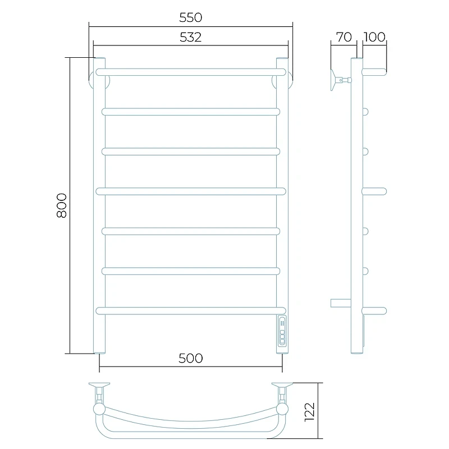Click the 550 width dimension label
pyautogui.click(x=191, y=17)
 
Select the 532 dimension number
pyautogui.click(x=191, y=37)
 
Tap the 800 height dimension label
pyautogui.click(x=62, y=205)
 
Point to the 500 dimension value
pyautogui.click(x=191, y=358)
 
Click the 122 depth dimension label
pyautogui.click(x=310, y=412)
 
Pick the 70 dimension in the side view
pyautogui.click(x=343, y=37)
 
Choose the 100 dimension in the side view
pyautogui.click(x=374, y=37)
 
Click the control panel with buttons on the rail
pyautogui.click(x=282, y=331)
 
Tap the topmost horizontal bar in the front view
pyautogui.click(x=191, y=72)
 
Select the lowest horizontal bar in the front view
pyautogui.click(x=191, y=311)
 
